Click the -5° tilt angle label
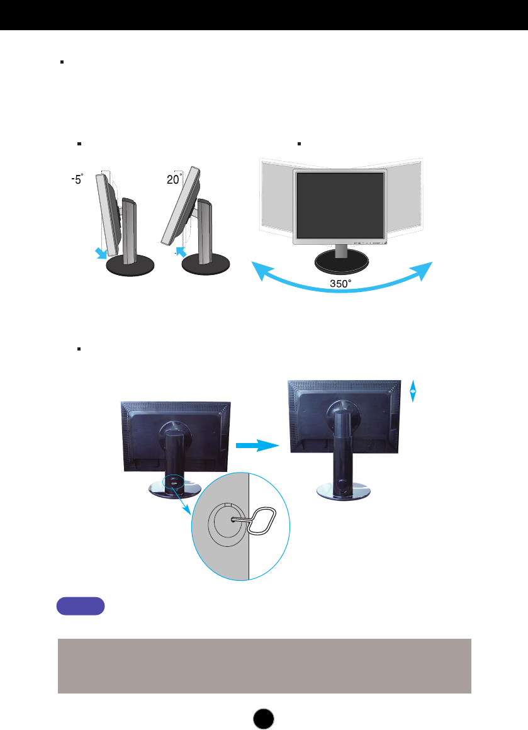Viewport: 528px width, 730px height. coord(76,179)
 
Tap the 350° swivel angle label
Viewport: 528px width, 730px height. coord(340,284)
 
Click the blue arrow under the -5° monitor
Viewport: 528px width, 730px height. coord(99,253)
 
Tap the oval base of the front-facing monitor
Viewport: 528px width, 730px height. coord(340,261)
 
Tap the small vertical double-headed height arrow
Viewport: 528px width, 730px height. coord(412,391)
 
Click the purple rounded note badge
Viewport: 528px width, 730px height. coord(81,607)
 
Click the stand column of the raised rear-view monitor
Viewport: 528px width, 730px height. coord(343,447)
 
